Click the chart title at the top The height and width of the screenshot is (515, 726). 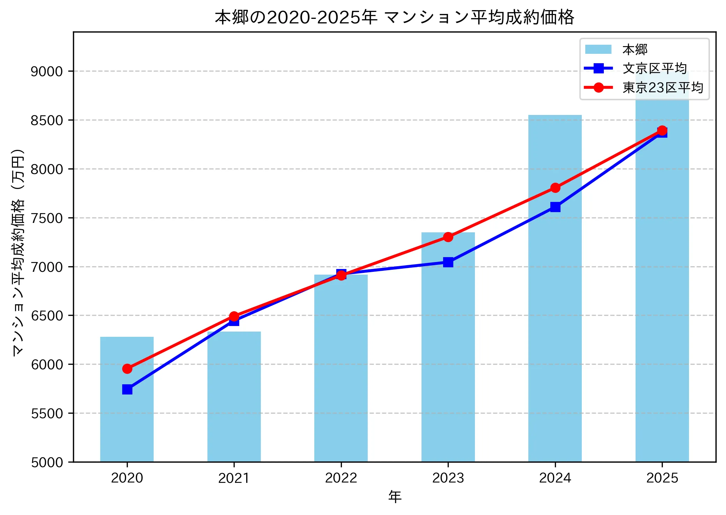click(x=394, y=17)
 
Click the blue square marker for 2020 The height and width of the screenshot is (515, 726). click(x=127, y=389)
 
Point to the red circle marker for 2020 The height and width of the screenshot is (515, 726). click(x=127, y=369)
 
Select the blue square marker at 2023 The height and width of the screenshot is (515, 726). click(x=448, y=262)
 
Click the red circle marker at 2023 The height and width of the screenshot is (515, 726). click(x=448, y=237)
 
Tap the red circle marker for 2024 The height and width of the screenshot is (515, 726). click(x=555, y=188)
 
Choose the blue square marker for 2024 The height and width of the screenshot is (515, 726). click(x=555, y=207)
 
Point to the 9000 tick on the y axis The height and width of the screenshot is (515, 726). click(x=47, y=72)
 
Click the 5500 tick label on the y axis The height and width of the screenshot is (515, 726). click(x=47, y=414)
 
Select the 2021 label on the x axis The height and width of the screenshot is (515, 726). click(x=234, y=478)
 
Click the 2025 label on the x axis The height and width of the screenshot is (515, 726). click(x=662, y=478)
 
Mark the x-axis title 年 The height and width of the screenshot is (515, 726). click(x=395, y=497)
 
